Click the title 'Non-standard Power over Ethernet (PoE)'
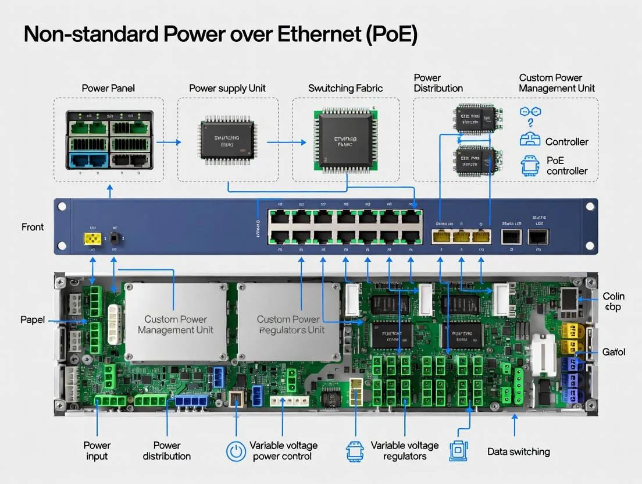220,35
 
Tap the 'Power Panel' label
108,88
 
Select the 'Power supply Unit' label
227,88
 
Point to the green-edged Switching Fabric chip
345,141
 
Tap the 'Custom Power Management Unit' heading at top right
557,83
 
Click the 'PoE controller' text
567,165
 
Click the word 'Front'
33,227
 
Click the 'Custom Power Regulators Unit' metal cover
289,324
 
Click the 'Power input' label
97,451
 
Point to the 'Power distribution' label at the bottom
167,451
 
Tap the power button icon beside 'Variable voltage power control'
236,451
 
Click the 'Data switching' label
518,451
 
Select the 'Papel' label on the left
33,320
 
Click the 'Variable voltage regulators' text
405,451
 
